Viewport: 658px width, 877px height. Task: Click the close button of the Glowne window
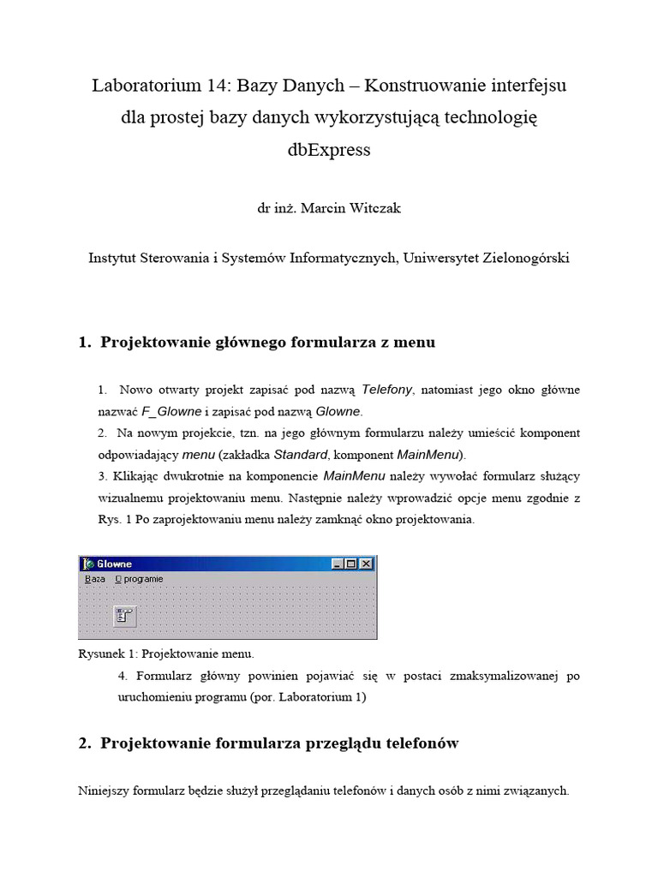367,564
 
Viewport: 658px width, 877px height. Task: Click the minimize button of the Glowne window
338,564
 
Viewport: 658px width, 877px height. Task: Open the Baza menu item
95,579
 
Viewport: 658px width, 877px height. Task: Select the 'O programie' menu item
139,579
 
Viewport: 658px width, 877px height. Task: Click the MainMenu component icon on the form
125,616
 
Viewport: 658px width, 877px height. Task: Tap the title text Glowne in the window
115,564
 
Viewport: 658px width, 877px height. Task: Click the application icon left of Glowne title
87,564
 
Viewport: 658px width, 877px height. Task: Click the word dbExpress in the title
330,150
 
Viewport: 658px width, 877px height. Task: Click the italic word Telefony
387,390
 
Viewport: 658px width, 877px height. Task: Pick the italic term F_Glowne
171,411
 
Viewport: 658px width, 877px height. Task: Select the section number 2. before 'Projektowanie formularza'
84,743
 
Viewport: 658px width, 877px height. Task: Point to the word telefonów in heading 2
420,743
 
